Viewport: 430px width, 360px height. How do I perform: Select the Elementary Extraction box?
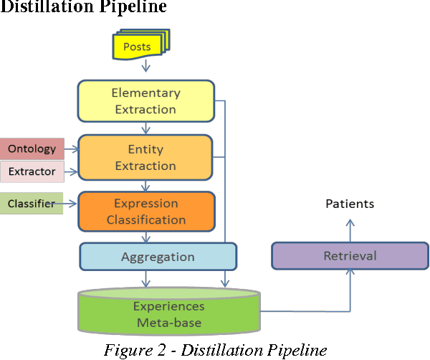pyautogui.click(x=145, y=101)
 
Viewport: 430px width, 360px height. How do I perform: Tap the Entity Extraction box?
pyautogui.click(x=145, y=157)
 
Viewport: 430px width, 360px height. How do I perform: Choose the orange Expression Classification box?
pyautogui.click(x=146, y=212)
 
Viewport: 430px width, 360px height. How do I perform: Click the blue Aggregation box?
pyautogui.click(x=158, y=256)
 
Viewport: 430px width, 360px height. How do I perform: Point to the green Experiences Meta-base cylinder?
pyautogui.click(x=169, y=314)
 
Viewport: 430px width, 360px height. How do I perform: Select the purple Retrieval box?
pyautogui.click(x=350, y=256)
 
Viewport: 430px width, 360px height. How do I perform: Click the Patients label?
pyautogui.click(x=350, y=204)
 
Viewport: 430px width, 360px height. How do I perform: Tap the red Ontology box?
pyautogui.click(x=32, y=149)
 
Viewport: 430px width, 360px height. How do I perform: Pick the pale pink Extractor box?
pyautogui.click(x=32, y=171)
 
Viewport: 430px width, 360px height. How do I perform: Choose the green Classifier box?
pyautogui.click(x=32, y=204)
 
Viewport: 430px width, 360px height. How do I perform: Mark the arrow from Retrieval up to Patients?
pyautogui.click(x=350, y=229)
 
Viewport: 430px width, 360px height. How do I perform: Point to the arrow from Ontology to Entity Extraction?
pyautogui.click(x=71, y=150)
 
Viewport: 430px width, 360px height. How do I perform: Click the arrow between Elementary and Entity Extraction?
pyautogui.click(x=146, y=128)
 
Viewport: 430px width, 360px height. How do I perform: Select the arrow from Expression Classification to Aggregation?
pyautogui.click(x=146, y=237)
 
